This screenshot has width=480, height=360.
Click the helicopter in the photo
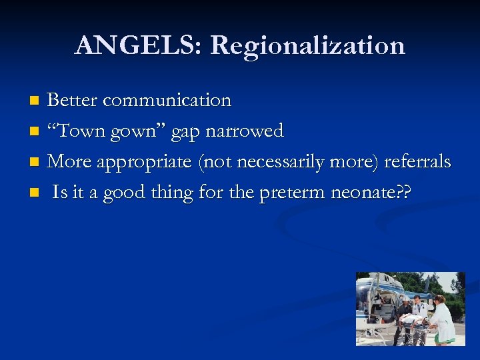tap(377, 300)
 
